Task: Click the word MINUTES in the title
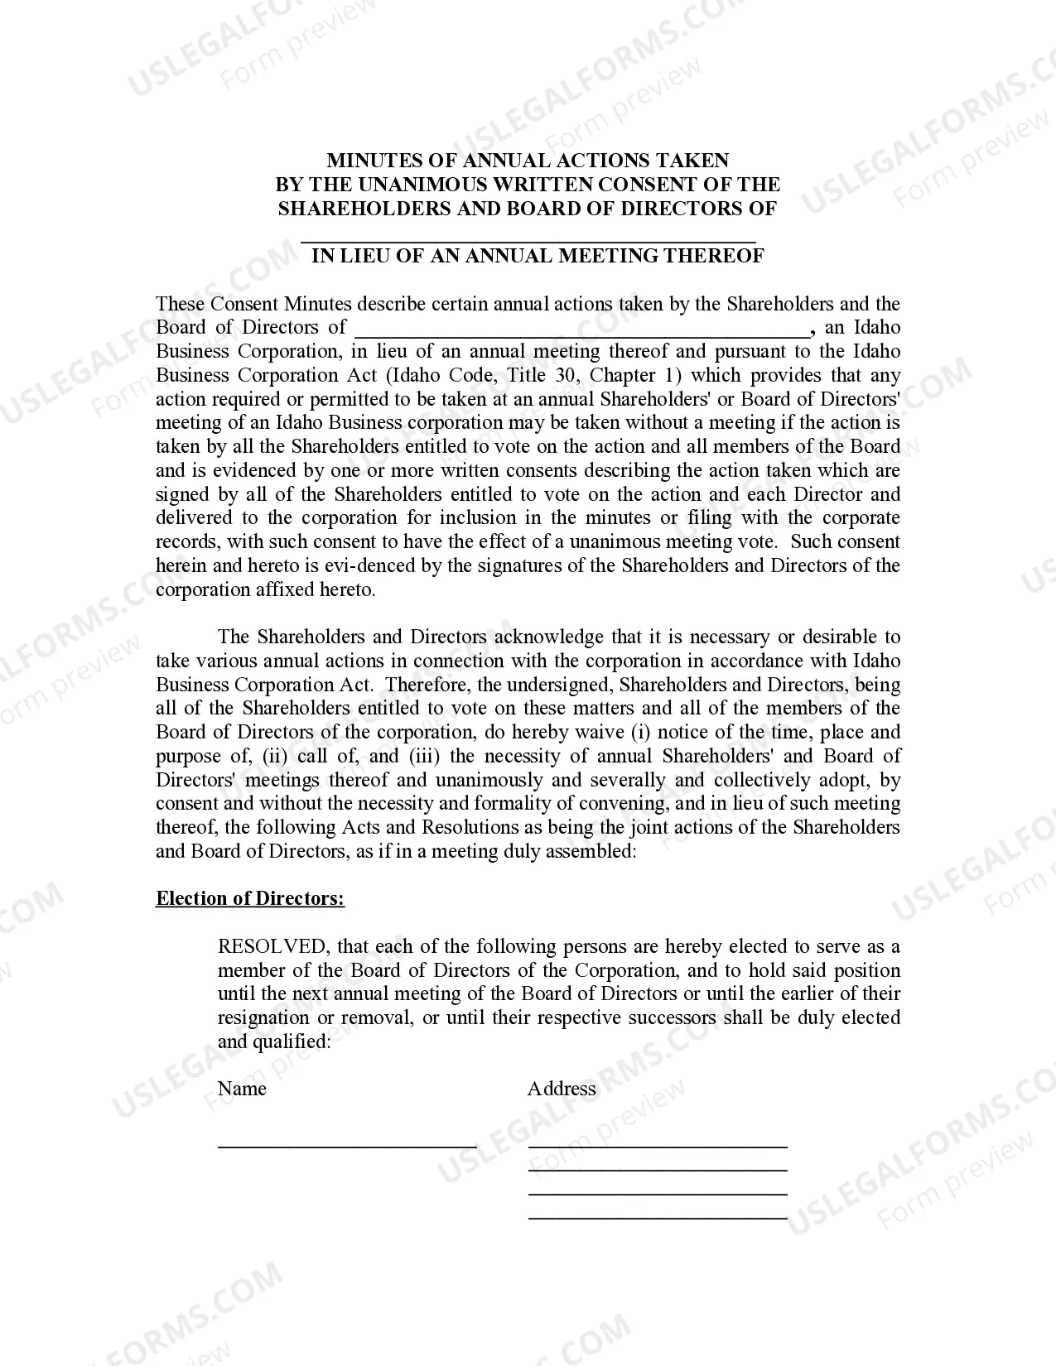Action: (369, 161)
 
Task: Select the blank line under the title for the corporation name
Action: (528, 239)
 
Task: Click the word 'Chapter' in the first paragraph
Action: (623, 375)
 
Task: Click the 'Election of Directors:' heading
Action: (250, 899)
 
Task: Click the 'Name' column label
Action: (242, 1089)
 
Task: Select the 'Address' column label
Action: (562, 1089)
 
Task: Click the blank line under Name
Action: (347, 1145)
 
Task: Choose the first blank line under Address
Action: (658, 1146)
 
